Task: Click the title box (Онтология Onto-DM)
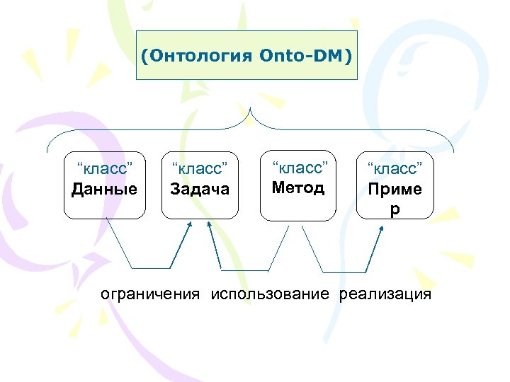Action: tap(246, 55)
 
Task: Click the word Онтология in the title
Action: tap(200, 55)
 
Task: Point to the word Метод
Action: tap(298, 187)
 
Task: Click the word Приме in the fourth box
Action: tap(395, 190)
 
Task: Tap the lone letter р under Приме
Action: tap(395, 209)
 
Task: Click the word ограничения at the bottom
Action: tap(150, 294)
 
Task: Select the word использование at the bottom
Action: tap(270, 294)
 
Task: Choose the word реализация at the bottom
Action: tap(385, 294)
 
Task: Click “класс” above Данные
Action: tap(105, 169)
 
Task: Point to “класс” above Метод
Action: tap(298, 168)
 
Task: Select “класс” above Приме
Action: tap(395, 170)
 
